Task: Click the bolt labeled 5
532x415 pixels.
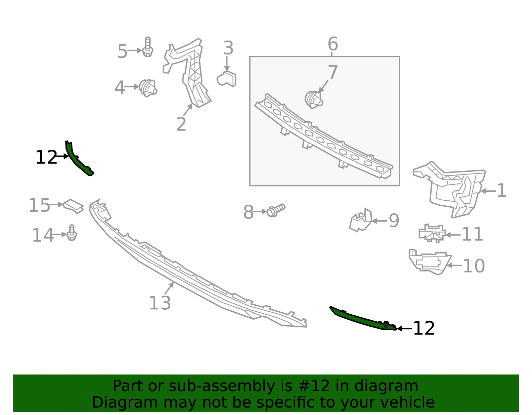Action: coord(148,47)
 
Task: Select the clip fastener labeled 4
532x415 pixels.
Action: coord(148,88)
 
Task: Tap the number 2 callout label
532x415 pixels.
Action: coord(181,124)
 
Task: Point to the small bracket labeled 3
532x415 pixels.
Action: coord(227,79)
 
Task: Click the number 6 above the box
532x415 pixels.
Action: coord(333,44)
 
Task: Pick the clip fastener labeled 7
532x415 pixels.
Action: coord(314,100)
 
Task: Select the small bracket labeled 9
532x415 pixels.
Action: coord(361,220)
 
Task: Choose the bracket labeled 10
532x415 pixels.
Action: coord(430,262)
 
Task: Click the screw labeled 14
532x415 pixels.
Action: coord(72,233)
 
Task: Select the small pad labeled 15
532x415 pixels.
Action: coord(73,206)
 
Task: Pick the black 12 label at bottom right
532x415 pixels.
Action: coord(424,328)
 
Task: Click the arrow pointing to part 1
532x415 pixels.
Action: coord(488,191)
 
